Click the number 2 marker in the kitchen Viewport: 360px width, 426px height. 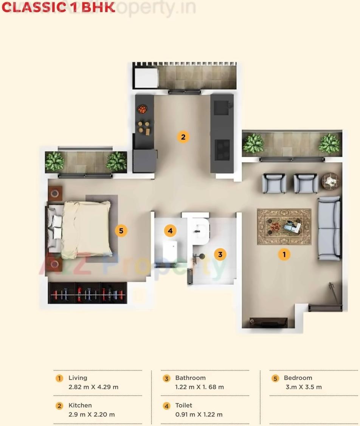tap(183, 137)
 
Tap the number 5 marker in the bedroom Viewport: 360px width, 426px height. tap(121, 230)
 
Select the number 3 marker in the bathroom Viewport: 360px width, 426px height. tap(220, 254)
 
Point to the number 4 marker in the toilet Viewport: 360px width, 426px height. tap(170, 230)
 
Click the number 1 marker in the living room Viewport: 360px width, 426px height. tap(284, 254)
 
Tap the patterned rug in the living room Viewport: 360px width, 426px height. tap(284, 227)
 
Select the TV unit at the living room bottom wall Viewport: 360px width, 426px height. tap(269, 322)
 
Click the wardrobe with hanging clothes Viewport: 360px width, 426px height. tap(87, 293)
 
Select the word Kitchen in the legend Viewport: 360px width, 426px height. tap(80, 405)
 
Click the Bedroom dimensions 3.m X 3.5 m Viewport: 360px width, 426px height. tap(304, 387)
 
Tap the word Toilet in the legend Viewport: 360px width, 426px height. tap(184, 405)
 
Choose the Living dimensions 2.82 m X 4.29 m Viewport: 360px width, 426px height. tap(93, 387)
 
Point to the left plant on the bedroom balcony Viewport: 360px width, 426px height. tap(55, 161)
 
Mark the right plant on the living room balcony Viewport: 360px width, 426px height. tap(329, 143)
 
